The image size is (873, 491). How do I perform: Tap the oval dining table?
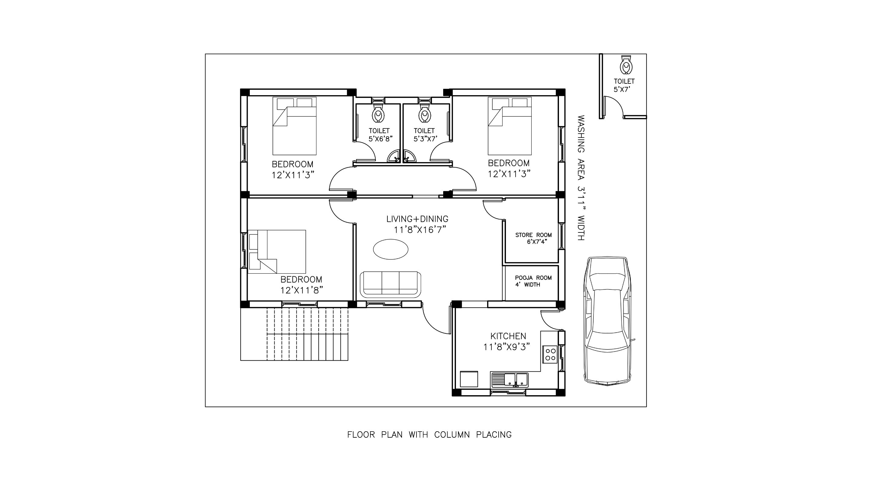point(390,249)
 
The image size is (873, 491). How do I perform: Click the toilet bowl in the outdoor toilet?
point(626,65)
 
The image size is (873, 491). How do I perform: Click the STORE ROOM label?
point(533,235)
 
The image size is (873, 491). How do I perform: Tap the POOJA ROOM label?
point(533,278)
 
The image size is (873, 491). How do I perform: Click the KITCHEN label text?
point(508,336)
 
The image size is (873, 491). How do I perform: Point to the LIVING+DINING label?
point(417,219)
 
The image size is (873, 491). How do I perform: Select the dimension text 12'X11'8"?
point(302,290)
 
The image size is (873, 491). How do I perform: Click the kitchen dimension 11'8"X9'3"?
point(507,347)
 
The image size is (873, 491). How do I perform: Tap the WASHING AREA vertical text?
point(581,178)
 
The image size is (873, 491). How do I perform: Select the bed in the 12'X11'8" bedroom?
point(277,252)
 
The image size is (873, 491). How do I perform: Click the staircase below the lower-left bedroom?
point(294,334)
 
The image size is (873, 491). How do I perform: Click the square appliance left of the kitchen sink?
point(469,379)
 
